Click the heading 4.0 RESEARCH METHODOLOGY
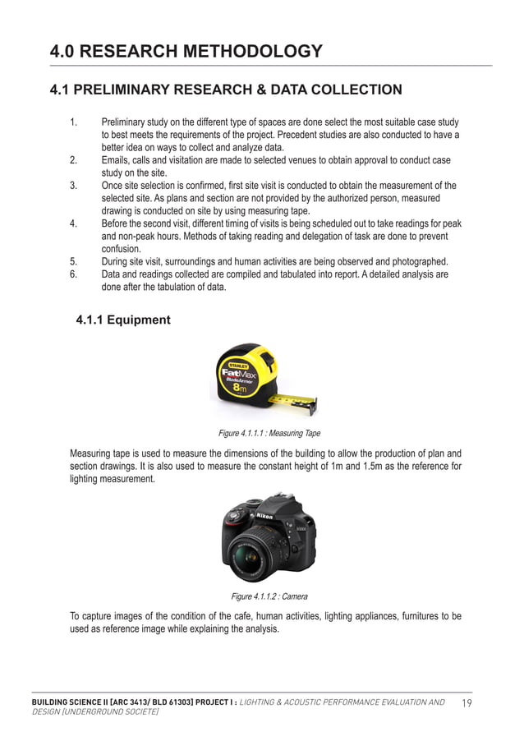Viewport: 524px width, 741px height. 186,52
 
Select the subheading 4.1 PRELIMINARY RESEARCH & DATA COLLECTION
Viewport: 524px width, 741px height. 226,90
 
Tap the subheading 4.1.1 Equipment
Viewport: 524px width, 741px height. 123,320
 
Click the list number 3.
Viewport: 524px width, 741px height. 74,186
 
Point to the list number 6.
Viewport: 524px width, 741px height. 74,274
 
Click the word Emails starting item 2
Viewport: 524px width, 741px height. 117,160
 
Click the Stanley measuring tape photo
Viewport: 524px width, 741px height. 261,379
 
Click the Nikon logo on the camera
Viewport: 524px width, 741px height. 264,515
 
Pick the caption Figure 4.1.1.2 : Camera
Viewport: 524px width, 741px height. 269,596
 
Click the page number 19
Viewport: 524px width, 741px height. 467,702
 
